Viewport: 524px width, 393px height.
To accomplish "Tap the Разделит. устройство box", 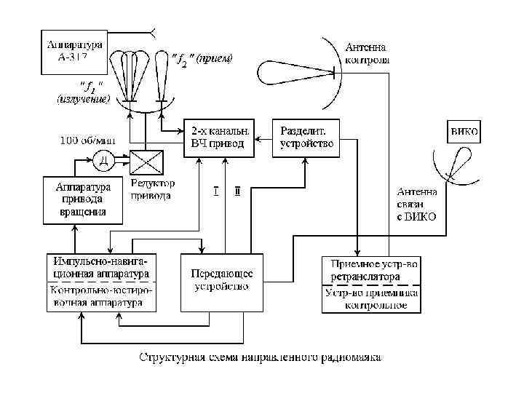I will click(306, 137).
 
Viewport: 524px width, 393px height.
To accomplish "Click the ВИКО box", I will click(464, 132).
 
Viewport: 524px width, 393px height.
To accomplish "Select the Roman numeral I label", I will click(215, 191).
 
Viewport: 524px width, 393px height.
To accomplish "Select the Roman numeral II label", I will click(237, 191).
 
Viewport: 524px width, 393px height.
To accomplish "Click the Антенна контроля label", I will click(368, 54).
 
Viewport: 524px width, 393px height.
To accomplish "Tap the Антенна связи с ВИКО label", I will click(417, 205).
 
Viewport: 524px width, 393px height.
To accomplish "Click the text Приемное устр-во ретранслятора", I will click(371, 270).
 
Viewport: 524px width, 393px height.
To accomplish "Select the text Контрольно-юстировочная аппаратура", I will click(99, 297).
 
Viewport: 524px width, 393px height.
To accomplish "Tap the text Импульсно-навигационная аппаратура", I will click(99, 266).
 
